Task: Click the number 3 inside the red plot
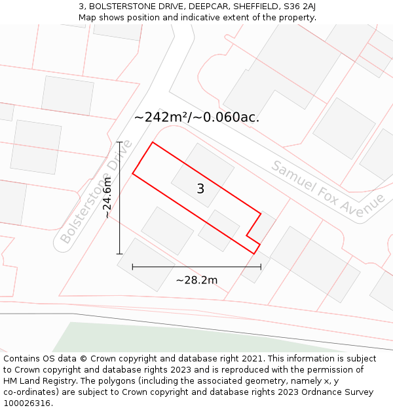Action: click(200, 189)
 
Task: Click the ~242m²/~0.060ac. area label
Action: click(196, 117)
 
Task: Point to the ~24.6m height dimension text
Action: click(107, 197)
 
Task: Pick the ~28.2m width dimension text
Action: click(196, 280)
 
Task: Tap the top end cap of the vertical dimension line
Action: click(119, 142)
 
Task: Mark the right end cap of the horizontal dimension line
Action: click(261, 266)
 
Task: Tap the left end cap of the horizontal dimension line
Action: click(133, 266)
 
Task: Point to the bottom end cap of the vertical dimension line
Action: click(119, 253)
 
